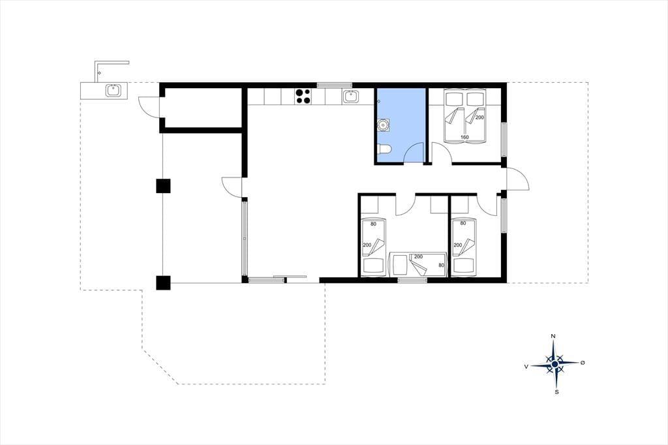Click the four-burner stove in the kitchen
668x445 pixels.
coord(303,96)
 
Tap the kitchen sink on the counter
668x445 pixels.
coord(350,97)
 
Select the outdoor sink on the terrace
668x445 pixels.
coord(114,91)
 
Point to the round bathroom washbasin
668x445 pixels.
coord(382,125)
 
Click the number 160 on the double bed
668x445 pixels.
coord(464,137)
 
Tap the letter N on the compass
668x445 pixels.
coord(553,336)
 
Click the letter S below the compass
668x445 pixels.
coord(556,392)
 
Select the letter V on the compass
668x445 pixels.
coord(526,366)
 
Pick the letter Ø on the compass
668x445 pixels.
coord(583,363)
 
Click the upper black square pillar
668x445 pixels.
coord(163,186)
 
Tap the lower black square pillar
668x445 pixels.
coord(163,283)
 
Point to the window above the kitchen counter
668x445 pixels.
coord(335,85)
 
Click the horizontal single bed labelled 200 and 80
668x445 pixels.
coord(418,264)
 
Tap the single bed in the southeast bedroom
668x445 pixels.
coord(464,246)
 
